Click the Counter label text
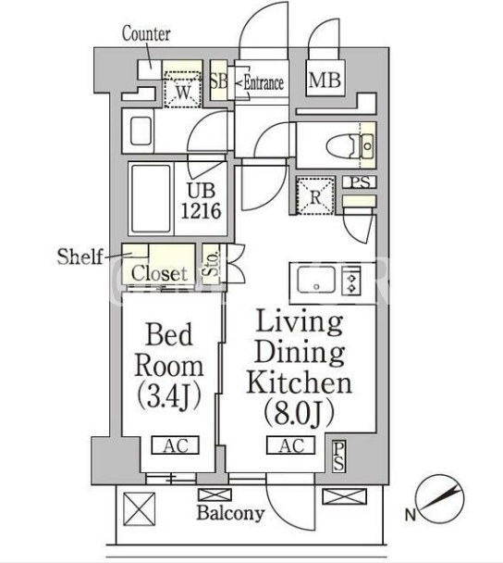146,33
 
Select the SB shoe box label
218,81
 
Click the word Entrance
264,83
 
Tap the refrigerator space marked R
315,195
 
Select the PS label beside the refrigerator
360,182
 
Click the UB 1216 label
201,201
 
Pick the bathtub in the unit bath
151,199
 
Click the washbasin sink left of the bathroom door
141,131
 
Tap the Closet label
159,273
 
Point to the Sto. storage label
213,263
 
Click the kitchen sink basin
316,280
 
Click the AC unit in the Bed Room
176,445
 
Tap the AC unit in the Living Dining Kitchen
290,445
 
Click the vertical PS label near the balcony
338,456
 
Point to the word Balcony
230,513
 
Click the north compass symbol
441,499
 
